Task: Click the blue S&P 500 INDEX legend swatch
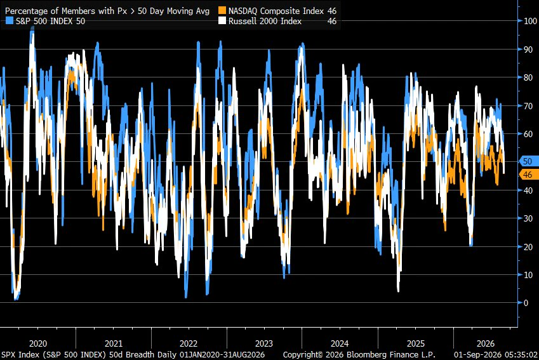(10, 21)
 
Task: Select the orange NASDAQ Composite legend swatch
(222, 11)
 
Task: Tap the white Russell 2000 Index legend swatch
(222, 21)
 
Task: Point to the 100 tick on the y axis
(530, 21)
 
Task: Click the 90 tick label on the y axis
(528, 50)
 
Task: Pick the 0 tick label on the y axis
(526, 303)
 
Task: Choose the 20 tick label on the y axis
(528, 247)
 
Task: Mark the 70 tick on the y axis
(528, 106)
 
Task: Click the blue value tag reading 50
(528, 161)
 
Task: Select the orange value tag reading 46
(528, 175)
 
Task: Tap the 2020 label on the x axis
(38, 343)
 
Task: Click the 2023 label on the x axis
(264, 343)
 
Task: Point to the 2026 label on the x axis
(486, 343)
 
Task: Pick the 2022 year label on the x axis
(189, 343)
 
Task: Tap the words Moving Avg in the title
(189, 11)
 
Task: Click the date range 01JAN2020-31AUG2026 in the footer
(222, 354)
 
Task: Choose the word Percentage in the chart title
(27, 11)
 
